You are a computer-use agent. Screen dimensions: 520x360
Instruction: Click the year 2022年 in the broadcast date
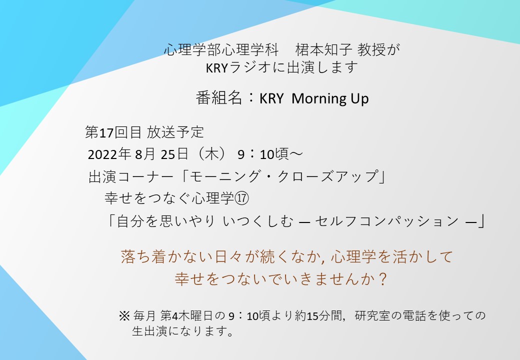(x=109, y=154)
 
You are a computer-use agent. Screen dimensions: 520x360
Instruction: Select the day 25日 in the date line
(x=174, y=154)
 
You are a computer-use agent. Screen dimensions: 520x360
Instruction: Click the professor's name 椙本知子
(x=323, y=49)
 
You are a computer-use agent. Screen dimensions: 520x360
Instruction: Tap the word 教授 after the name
(x=371, y=49)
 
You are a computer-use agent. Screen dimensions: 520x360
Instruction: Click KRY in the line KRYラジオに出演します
(x=216, y=68)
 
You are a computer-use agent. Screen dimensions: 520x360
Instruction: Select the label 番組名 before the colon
(x=218, y=98)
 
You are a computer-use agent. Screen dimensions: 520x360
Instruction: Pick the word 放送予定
(x=175, y=132)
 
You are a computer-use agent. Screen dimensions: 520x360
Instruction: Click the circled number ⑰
(x=241, y=198)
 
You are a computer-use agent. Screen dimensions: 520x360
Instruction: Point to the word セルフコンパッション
(x=386, y=221)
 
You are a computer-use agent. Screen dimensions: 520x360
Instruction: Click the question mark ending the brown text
(x=382, y=279)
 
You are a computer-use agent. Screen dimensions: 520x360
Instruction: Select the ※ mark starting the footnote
(x=124, y=315)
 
